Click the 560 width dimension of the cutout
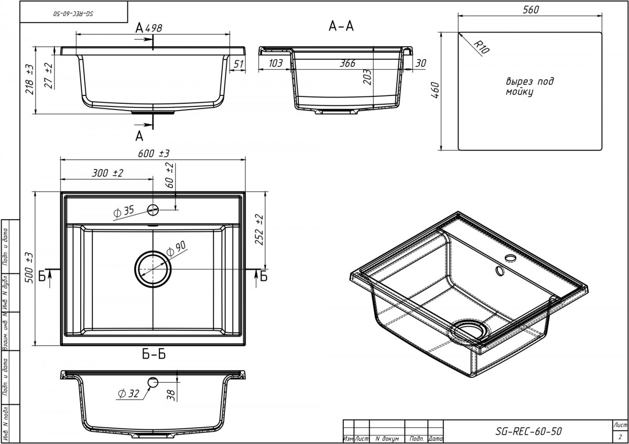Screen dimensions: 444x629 (x=530, y=10)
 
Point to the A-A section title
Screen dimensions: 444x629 (x=341, y=27)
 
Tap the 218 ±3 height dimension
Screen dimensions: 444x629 (x=30, y=79)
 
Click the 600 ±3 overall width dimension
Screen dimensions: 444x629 (x=153, y=153)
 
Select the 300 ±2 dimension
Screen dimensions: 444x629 (x=107, y=174)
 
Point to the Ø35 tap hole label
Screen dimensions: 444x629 (x=124, y=212)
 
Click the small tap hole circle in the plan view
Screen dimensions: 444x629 (x=153, y=210)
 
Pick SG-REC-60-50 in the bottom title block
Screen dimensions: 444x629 (x=528, y=431)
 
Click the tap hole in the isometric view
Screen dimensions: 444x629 (x=509, y=258)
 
